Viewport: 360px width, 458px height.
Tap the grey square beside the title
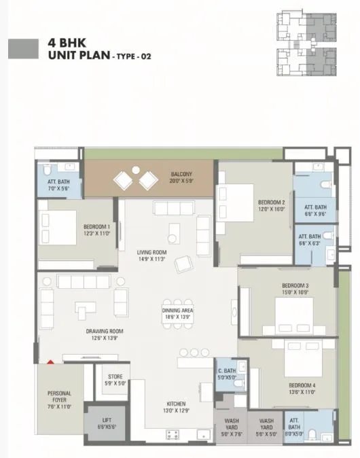(22, 48)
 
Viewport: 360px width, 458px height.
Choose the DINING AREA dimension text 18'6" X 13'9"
(178, 317)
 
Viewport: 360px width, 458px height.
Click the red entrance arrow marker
(50, 362)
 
